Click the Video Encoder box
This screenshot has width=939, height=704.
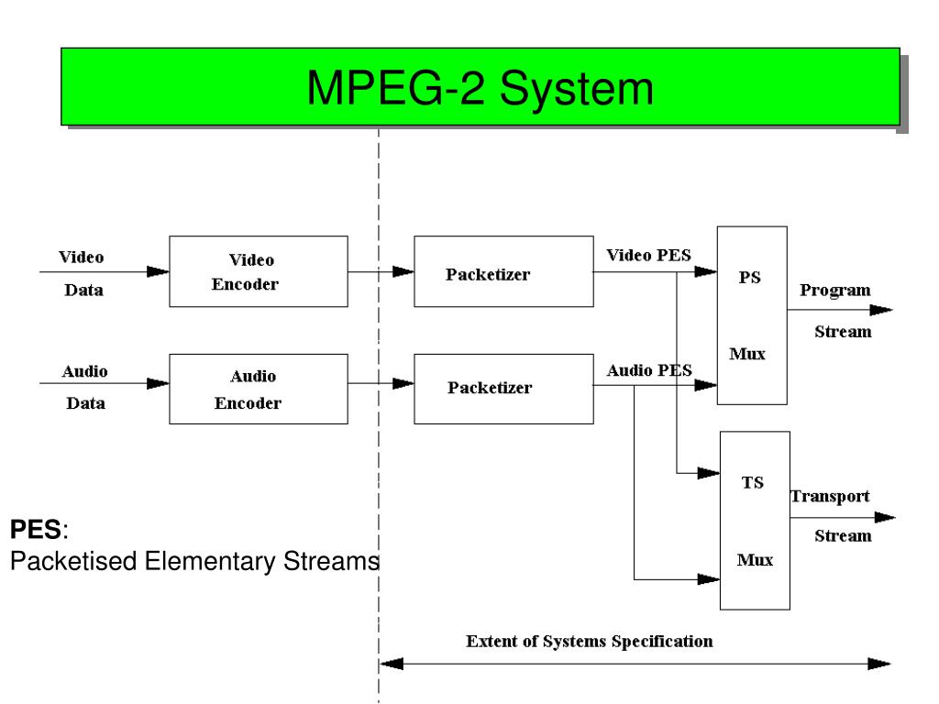pos(259,271)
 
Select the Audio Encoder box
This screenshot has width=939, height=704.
pos(259,390)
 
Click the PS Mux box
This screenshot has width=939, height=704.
pos(750,314)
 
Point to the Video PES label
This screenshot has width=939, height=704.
pos(648,255)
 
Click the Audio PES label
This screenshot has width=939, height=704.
pos(648,370)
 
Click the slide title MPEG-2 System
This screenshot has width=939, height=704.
pos(480,88)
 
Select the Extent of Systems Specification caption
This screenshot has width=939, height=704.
pos(589,641)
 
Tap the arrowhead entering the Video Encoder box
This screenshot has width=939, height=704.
pos(158,271)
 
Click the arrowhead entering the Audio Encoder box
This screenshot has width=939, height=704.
pos(158,385)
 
